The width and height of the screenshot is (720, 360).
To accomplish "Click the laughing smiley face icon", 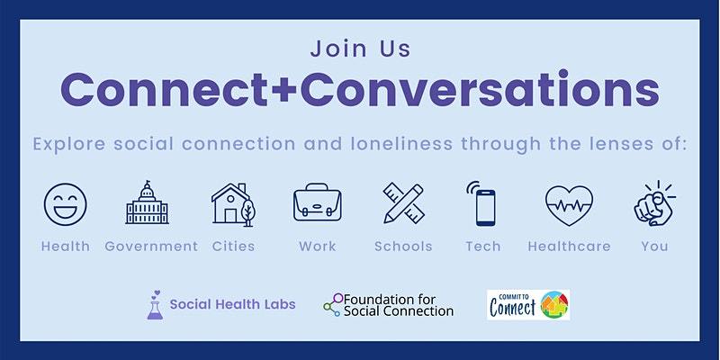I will click(x=65, y=203).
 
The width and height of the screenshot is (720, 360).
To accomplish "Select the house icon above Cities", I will click(x=233, y=203).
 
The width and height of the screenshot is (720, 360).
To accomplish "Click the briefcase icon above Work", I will click(x=317, y=203).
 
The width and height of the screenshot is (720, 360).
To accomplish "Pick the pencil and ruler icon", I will click(x=402, y=203).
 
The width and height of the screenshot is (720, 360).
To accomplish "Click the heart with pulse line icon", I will click(x=569, y=203).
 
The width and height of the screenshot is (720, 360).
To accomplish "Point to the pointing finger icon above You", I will click(x=655, y=203).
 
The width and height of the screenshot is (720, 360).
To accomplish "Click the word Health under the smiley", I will click(x=65, y=246).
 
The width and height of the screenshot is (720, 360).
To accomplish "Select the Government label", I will click(x=150, y=246).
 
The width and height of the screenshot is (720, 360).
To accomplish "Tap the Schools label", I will click(x=402, y=246).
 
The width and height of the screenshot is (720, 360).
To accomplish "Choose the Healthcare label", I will click(x=569, y=246).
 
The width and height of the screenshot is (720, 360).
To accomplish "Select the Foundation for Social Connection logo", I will click(x=389, y=305).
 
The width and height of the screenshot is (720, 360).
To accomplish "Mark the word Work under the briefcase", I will click(x=317, y=246).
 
